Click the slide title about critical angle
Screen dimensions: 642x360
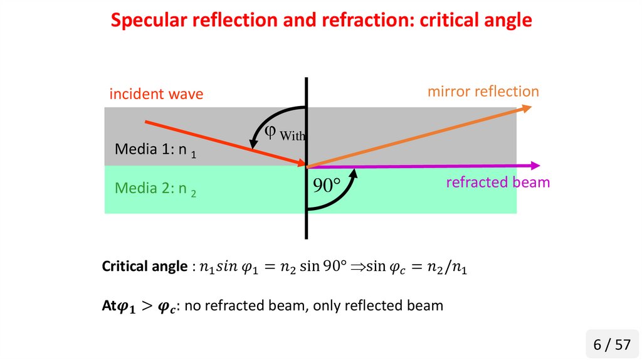point(321,20)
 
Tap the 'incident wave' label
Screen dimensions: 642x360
point(156,94)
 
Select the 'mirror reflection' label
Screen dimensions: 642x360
point(483,91)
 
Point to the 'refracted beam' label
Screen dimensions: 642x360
point(498,183)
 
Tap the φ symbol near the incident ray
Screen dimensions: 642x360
point(270,130)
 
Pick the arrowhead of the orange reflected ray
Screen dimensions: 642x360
point(526,109)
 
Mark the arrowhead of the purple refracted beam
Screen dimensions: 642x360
point(535,166)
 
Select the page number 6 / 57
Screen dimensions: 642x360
point(611,344)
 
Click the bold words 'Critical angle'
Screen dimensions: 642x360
point(144,267)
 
